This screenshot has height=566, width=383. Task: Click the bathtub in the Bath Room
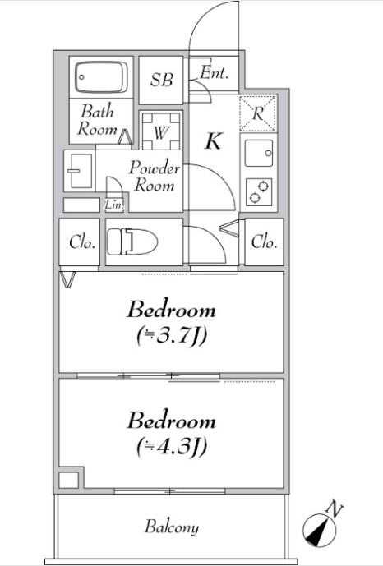click(x=101, y=77)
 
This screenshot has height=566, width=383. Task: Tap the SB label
click(x=161, y=80)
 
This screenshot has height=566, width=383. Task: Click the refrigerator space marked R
click(x=257, y=113)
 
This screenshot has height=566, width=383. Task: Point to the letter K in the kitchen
click(x=214, y=140)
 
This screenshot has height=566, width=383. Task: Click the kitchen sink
click(x=259, y=153)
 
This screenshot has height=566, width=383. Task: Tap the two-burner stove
click(x=259, y=192)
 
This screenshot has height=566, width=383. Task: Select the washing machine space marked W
click(x=160, y=131)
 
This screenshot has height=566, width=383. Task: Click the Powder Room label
click(x=155, y=176)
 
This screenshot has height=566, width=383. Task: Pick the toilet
click(x=132, y=242)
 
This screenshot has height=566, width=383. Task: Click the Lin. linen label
click(x=114, y=205)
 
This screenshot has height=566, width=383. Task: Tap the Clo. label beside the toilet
click(x=82, y=242)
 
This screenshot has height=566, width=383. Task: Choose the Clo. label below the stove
click(x=265, y=242)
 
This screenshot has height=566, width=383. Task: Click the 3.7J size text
click(x=172, y=337)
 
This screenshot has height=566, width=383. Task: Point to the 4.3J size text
click(x=172, y=447)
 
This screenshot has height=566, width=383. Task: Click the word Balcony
click(x=172, y=527)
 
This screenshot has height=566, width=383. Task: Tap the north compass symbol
click(x=319, y=530)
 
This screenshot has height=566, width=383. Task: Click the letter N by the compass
click(x=334, y=509)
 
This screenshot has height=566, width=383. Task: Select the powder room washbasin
click(x=80, y=171)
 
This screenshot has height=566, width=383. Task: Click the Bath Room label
click(x=98, y=120)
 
